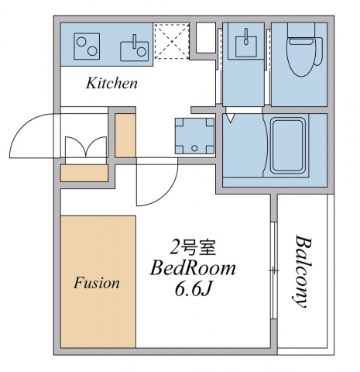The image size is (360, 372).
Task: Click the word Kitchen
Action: click(x=111, y=83)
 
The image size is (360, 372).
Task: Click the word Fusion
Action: click(x=97, y=283)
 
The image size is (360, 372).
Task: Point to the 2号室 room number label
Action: click(x=193, y=249)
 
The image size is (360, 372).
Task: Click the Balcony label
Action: click(x=302, y=271)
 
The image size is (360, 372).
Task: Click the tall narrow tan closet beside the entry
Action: click(x=125, y=135)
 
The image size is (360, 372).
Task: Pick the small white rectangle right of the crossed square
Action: click(x=204, y=37)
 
